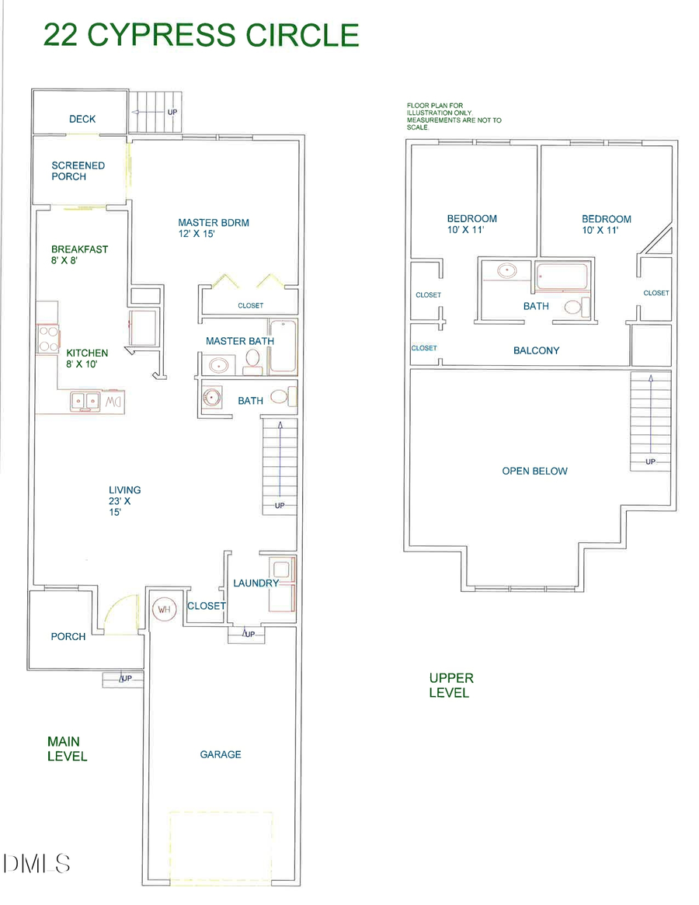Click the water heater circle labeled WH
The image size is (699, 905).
pyautogui.click(x=164, y=609)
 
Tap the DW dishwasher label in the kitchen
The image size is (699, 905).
pyautogui.click(x=114, y=401)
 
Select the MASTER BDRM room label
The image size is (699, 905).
pyautogui.click(x=214, y=228)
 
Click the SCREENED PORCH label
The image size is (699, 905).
pyautogui.click(x=78, y=171)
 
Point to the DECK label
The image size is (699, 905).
pyautogui.click(x=82, y=119)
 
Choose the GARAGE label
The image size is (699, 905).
pyautogui.click(x=221, y=754)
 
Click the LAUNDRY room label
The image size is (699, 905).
pyautogui.click(x=256, y=583)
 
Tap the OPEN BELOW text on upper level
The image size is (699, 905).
pyautogui.click(x=534, y=471)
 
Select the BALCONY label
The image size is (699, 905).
pyautogui.click(x=536, y=350)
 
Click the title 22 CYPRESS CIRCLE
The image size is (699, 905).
pyautogui.click(x=201, y=35)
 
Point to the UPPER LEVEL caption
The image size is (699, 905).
pyautogui.click(x=450, y=685)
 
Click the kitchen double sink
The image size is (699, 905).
pyautogui.click(x=85, y=400)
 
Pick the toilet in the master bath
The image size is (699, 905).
pyautogui.click(x=253, y=358)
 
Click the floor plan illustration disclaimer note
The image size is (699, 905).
pyautogui.click(x=454, y=116)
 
